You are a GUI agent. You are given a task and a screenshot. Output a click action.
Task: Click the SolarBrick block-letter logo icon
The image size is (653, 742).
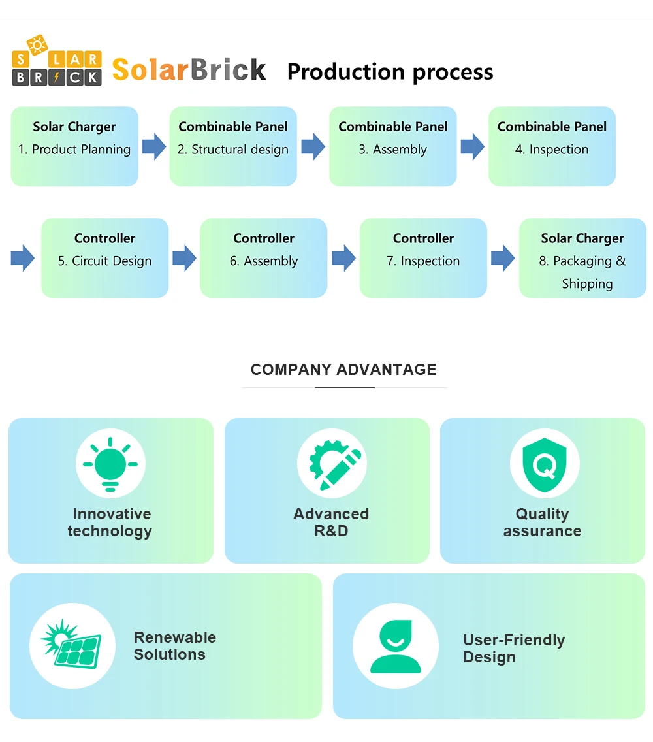point(57,61)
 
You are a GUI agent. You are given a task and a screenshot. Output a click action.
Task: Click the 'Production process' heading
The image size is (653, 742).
point(390,72)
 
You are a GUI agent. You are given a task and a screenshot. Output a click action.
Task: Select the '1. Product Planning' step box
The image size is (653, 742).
point(74,146)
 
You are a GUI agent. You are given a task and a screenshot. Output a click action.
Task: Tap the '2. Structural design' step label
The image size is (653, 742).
point(233,150)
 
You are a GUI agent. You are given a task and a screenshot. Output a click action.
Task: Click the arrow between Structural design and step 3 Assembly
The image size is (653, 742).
point(313,146)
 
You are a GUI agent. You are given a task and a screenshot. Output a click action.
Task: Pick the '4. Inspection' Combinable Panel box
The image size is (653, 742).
point(552,146)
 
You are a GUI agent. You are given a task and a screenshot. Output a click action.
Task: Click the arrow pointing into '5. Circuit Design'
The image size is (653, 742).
point(23,258)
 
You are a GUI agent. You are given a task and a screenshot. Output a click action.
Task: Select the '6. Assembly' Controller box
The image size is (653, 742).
point(264,258)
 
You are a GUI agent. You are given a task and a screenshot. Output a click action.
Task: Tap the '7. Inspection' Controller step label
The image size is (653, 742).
point(423,261)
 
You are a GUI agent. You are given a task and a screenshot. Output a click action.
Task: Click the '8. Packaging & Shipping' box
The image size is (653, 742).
point(582,258)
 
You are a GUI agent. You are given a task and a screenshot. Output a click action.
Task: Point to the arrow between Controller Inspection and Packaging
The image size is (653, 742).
point(503,258)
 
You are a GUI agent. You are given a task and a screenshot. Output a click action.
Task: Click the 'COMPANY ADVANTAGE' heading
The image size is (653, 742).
point(343,370)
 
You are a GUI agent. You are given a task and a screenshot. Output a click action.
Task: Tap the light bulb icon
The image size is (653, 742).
point(110,464)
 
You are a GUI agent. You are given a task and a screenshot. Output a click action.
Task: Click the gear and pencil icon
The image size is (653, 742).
point(334,464)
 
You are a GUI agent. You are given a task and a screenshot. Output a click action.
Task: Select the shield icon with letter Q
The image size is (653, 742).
point(545,464)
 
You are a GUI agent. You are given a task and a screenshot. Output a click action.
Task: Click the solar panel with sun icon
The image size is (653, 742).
point(72,645)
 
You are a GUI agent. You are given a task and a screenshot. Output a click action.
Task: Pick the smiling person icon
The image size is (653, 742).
point(396,647)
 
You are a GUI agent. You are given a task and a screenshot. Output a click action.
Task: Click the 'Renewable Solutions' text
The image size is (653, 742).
point(174,646)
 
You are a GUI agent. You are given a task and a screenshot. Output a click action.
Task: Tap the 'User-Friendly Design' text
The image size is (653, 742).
point(514,649)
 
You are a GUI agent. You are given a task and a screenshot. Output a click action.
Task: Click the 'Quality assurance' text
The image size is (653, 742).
point(542,523)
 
